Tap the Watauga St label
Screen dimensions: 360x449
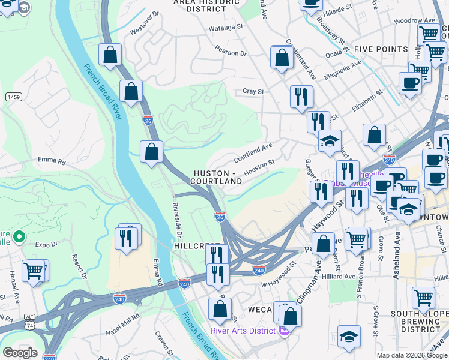point(225,27)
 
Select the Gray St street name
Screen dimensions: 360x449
point(253,92)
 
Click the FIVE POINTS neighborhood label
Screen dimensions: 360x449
point(381,49)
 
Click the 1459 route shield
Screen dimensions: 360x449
point(13,97)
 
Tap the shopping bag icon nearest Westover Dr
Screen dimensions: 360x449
point(110,55)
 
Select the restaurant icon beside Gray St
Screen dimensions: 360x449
point(301,96)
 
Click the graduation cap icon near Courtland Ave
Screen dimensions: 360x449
point(330,141)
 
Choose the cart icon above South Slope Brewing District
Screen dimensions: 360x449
point(423,296)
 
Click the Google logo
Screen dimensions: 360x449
point(20,353)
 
